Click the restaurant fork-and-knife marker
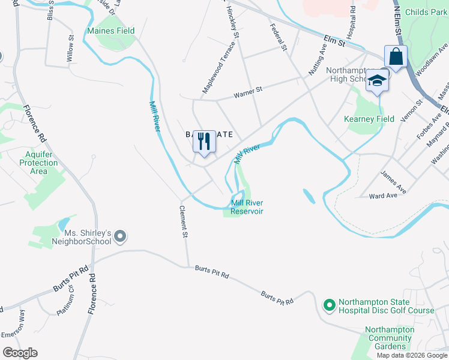coord(204,142)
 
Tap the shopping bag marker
coord(396,57)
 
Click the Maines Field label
coord(111,31)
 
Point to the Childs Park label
coord(425,12)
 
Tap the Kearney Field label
coord(369,119)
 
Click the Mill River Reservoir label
coord(247,206)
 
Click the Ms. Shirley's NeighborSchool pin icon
coord(119,236)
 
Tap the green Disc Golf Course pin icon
coord(328,306)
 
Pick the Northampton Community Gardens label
coord(390,338)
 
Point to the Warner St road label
coord(249,93)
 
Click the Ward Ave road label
coord(384,196)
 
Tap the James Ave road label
coord(393,182)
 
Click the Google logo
coord(20,353)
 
